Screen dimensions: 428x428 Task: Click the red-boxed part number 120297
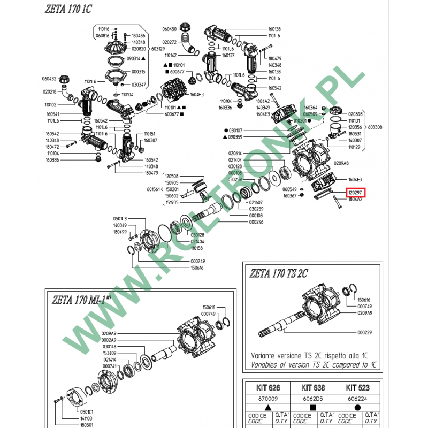355,192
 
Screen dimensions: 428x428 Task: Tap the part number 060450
170,29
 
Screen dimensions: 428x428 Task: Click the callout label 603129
158,49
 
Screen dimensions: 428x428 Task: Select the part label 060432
49,78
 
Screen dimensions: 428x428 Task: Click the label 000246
256,221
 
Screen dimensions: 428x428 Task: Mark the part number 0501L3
120,219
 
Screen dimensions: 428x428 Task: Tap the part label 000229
364,332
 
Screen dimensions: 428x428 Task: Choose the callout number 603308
375,128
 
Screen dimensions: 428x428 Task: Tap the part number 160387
150,140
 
